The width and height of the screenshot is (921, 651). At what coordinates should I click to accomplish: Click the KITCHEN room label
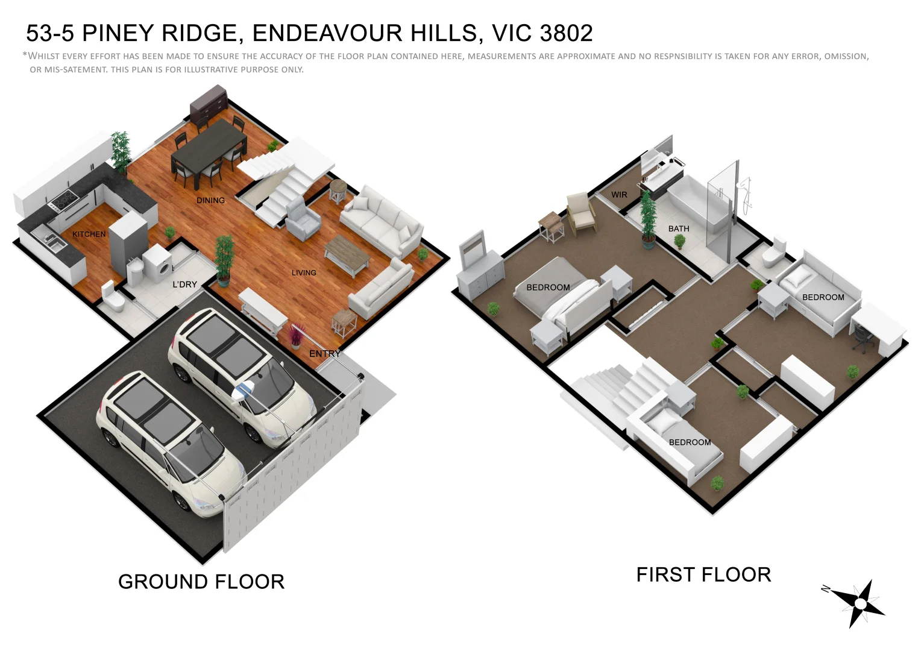tap(89, 234)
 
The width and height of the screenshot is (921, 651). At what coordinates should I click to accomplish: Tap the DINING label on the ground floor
tap(210, 201)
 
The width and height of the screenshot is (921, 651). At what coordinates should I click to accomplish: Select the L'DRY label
tap(184, 285)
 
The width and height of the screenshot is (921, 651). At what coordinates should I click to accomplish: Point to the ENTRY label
tap(325, 354)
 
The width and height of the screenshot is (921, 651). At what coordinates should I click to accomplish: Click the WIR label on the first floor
tap(619, 195)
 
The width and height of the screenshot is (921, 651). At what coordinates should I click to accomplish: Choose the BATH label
tap(678, 229)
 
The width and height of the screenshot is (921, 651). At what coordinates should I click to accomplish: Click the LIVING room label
tap(304, 273)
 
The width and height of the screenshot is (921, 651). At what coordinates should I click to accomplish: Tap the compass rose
tap(858, 603)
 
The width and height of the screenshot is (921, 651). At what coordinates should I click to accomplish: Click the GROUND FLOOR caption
tap(201, 582)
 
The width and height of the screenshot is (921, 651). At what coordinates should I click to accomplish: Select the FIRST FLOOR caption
tap(703, 574)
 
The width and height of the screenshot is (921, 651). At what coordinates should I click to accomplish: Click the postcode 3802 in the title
tap(567, 34)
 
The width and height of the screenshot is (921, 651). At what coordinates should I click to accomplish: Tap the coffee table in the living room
tap(347, 254)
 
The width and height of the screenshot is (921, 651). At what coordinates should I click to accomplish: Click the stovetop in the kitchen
tap(64, 198)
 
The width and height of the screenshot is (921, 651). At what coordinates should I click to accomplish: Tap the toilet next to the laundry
tap(113, 297)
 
